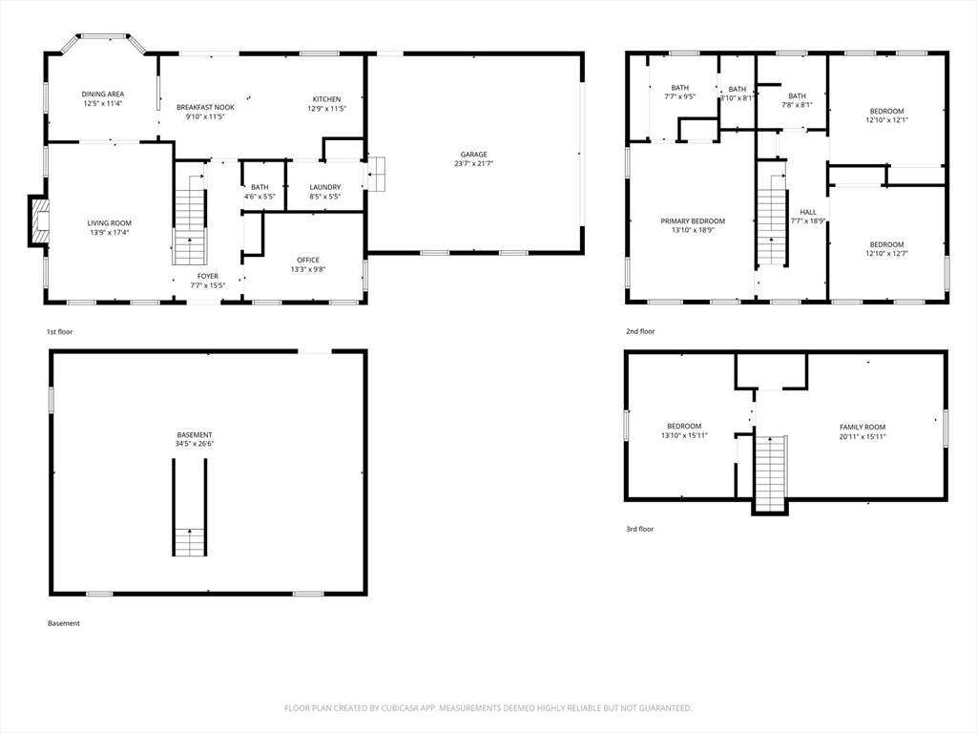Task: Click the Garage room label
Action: coord(473,154)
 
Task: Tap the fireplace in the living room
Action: coord(38,220)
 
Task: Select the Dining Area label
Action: coord(103,94)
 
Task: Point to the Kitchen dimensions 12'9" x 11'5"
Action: coord(326,109)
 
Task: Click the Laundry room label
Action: coord(325,187)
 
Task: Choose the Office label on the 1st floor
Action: coord(308,260)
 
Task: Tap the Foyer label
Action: coord(208,276)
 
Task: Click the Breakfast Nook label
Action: coord(206,107)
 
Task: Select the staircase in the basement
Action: coord(190,508)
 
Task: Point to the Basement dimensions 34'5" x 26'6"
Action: coord(195,444)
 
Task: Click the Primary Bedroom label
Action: coord(693,220)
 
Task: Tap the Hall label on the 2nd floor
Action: coord(808,212)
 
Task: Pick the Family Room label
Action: coord(863,427)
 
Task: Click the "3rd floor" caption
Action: coord(640,529)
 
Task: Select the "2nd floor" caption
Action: coord(640,331)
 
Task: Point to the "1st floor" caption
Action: coord(60,332)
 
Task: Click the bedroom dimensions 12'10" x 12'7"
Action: coord(886,254)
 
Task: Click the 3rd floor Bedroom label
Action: coord(684,427)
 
